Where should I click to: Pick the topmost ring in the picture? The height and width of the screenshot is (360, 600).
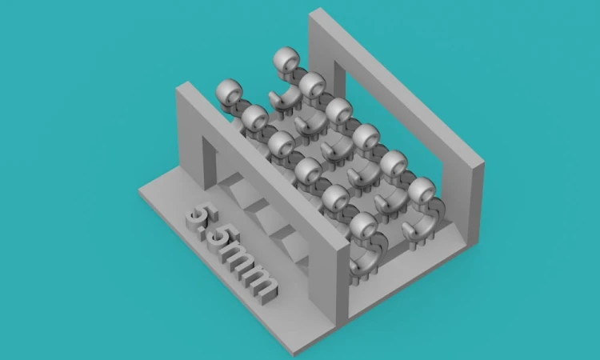pos(287,60)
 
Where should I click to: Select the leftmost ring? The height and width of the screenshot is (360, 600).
pos(229,92)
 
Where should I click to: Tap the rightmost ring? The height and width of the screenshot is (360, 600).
pos(422,190)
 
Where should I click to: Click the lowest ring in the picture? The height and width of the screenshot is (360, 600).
pos(363,226)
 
